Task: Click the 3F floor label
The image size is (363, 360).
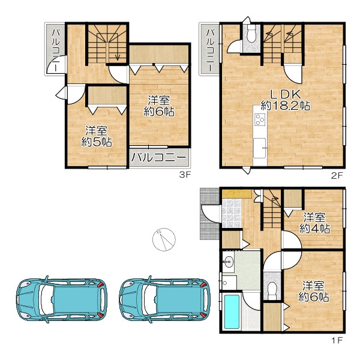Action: (x=185, y=175)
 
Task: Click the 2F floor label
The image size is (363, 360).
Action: (x=337, y=176)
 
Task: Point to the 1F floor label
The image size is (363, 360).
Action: (x=337, y=340)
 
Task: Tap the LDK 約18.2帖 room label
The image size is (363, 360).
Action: (x=286, y=100)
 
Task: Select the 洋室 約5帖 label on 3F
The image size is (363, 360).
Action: (x=97, y=136)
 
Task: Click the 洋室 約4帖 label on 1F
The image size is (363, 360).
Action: (x=314, y=223)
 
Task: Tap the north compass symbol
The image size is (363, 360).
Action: (x=164, y=239)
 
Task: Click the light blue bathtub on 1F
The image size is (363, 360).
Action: (x=232, y=311)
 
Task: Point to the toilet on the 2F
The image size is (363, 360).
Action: (x=251, y=34)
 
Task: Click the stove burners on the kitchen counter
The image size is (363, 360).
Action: (x=260, y=119)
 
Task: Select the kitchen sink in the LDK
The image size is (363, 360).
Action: (x=260, y=148)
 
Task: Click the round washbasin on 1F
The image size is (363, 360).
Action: (x=228, y=262)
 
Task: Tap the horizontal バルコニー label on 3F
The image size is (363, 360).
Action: (x=159, y=158)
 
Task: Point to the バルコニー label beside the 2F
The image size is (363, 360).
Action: (x=210, y=50)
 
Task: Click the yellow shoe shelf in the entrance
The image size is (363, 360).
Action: (x=236, y=194)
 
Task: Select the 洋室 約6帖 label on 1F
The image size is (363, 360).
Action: (x=314, y=291)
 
